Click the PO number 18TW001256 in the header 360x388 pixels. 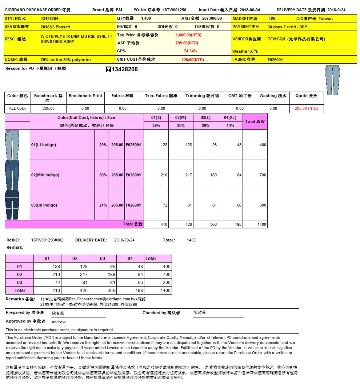pos(174,10)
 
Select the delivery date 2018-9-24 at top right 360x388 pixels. pos(336,10)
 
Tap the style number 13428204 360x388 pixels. pos(49,19)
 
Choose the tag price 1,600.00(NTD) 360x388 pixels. pos(188,35)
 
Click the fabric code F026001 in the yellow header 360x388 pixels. pos(275,60)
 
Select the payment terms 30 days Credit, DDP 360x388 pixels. pos(287,27)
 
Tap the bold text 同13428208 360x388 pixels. pos(121,69)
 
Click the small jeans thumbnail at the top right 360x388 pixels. pos(332,80)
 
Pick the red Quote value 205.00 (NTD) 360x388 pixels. pos(306,108)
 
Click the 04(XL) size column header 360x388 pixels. pos(230,117)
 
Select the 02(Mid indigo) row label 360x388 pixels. pos(45,175)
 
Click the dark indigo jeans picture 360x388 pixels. pos(12,205)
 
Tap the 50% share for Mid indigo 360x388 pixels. pos(103,175)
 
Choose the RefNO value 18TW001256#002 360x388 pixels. pos(47,240)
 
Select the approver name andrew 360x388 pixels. pos(59,322)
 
